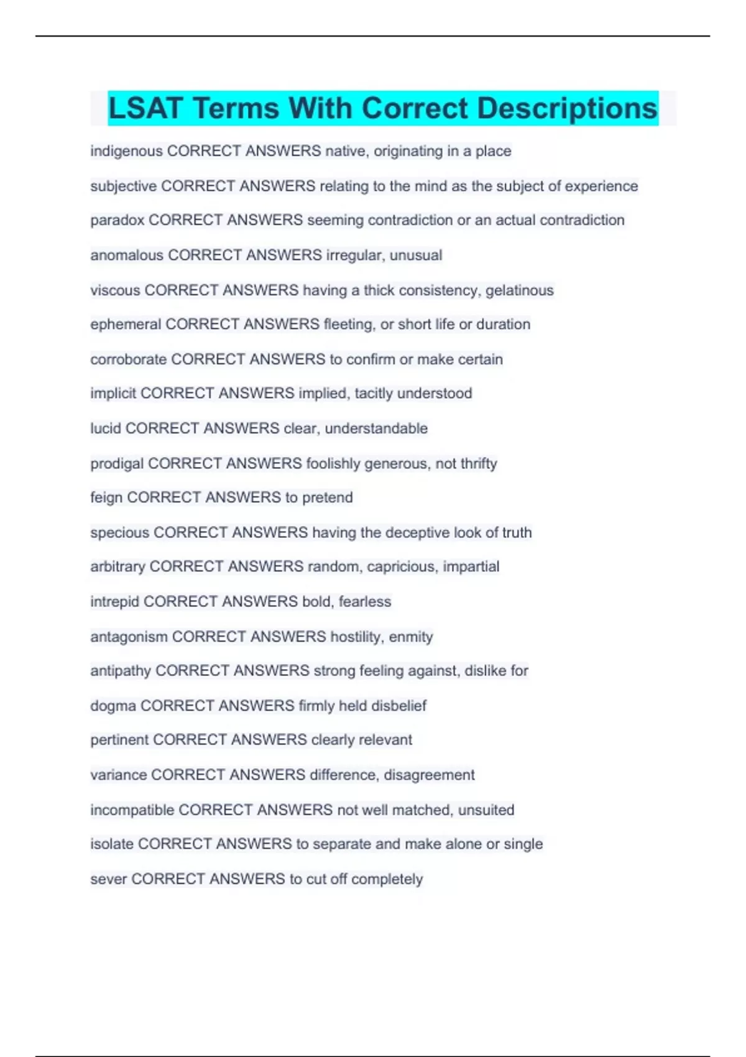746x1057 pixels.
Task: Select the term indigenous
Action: click(126, 151)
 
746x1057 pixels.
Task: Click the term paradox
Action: click(117, 220)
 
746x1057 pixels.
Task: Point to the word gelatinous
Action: click(519, 290)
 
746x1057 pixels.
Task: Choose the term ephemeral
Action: click(126, 325)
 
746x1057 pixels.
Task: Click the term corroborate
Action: click(129, 359)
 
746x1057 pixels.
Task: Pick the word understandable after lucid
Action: click(376, 428)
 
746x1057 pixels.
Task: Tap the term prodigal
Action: click(117, 463)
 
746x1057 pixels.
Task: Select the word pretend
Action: click(327, 497)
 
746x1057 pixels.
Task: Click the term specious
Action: click(119, 533)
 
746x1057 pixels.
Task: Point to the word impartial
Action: click(471, 566)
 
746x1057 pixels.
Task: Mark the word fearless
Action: click(365, 602)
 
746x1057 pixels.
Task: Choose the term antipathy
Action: click(121, 671)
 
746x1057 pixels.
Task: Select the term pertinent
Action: click(119, 740)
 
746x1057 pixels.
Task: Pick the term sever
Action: click(108, 879)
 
